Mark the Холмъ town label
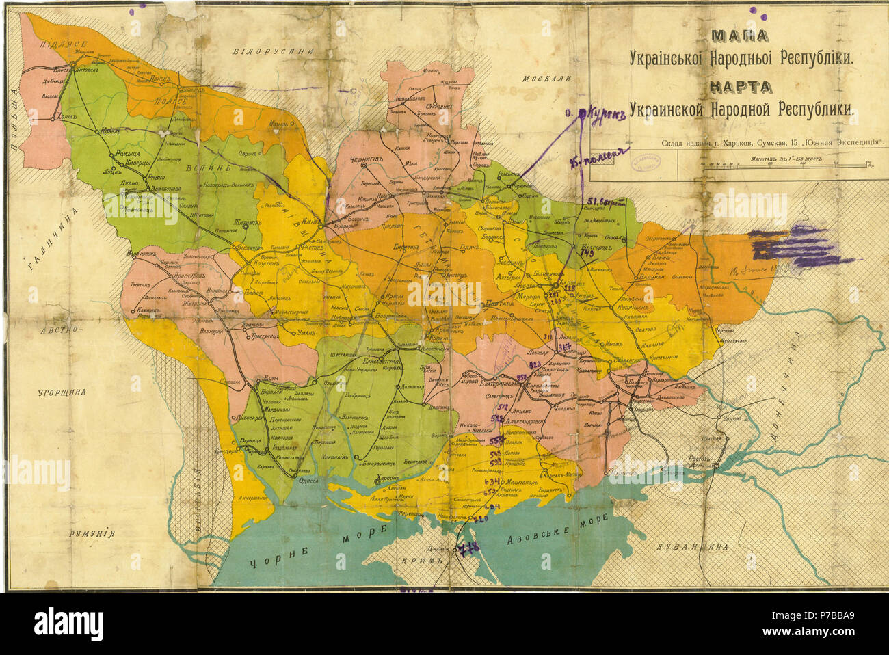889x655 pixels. coord(66,116)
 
